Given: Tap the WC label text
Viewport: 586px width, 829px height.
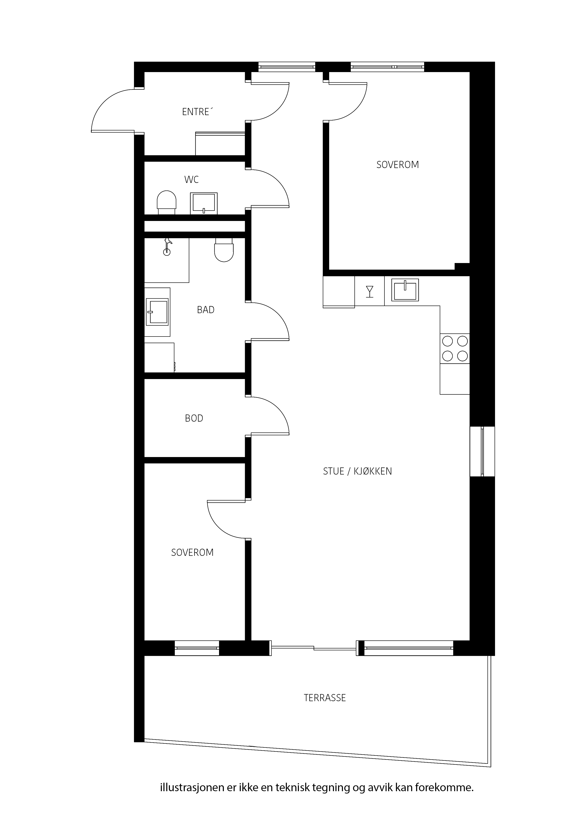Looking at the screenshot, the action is click(x=191, y=179).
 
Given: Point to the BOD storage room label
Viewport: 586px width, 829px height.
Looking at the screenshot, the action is click(x=194, y=418).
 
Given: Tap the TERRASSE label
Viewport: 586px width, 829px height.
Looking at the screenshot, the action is click(x=325, y=698).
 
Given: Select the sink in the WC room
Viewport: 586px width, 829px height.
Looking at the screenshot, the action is click(x=204, y=203).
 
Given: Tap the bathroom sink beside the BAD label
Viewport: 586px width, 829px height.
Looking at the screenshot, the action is click(x=157, y=312).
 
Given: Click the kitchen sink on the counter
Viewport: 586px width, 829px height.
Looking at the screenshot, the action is click(x=405, y=289).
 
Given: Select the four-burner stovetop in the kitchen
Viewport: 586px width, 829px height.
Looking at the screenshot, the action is click(x=455, y=348).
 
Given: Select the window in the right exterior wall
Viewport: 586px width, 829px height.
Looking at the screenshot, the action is click(x=482, y=451).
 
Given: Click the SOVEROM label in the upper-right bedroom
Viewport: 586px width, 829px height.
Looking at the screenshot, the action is click(x=397, y=165).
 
